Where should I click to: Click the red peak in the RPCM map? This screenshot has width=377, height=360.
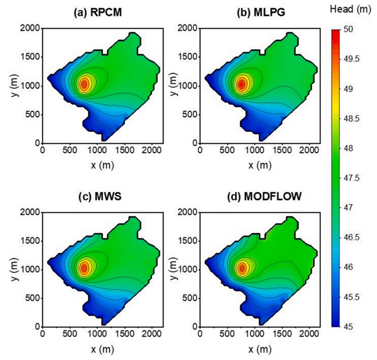click(84, 84)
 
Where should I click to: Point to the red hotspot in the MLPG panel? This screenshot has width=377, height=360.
click(241, 85)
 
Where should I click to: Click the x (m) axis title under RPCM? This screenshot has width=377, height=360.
click(102, 164)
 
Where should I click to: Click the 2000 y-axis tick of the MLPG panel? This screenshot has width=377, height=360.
click(188, 29)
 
